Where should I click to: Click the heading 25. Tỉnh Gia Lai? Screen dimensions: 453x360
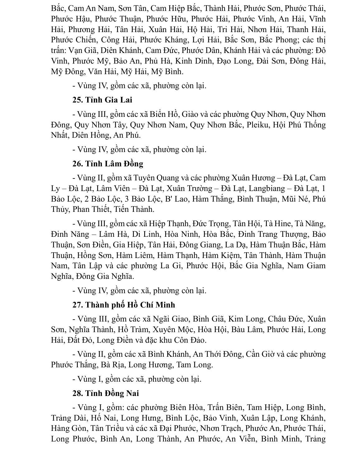tap(102, 100)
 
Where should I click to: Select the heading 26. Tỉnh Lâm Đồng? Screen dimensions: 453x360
tap(108, 164)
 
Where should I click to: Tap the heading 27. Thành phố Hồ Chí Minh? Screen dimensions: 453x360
tap(124, 305)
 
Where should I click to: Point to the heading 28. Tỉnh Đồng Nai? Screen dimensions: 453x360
tap(106, 393)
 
